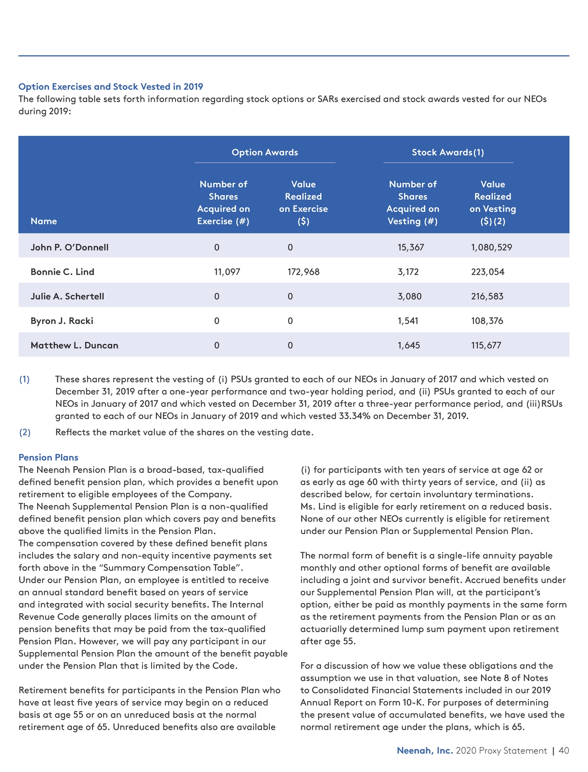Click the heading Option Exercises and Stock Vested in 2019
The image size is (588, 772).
click(x=111, y=86)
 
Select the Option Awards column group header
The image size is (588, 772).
click(x=265, y=152)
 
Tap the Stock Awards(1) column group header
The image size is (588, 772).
click(x=448, y=152)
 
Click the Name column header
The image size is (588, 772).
click(x=44, y=221)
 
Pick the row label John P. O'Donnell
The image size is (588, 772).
click(x=70, y=248)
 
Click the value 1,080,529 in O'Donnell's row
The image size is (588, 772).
click(x=492, y=248)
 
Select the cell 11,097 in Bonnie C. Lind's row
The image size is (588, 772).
click(x=227, y=272)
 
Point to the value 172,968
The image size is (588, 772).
click(x=303, y=272)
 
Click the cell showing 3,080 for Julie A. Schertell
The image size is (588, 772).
click(x=409, y=296)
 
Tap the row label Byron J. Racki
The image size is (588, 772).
click(x=62, y=321)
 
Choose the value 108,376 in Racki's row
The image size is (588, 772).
click(x=487, y=321)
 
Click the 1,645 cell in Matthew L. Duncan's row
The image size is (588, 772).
click(x=409, y=345)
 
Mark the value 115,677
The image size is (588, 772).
click(x=486, y=345)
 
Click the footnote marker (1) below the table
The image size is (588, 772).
click(x=24, y=380)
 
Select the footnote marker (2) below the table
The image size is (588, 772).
click(x=24, y=432)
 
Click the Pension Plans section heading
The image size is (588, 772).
click(x=48, y=457)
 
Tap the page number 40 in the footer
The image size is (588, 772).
click(x=564, y=751)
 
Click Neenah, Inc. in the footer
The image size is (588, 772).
click(x=425, y=751)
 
